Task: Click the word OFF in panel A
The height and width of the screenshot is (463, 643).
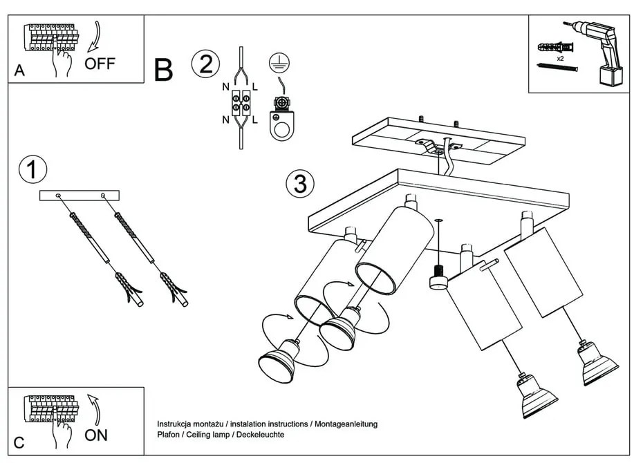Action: (x=100, y=64)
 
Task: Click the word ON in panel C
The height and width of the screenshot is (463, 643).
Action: (x=96, y=435)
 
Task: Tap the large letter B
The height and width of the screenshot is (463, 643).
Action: (x=163, y=70)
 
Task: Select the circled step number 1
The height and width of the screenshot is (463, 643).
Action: (x=32, y=170)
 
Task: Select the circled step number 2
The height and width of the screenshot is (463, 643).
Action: (x=205, y=64)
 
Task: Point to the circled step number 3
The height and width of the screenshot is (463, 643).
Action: (x=300, y=185)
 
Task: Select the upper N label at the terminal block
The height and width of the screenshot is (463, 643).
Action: (x=225, y=87)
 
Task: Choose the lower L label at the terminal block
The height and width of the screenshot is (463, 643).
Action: (x=255, y=120)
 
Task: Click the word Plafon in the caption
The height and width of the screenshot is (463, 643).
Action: (x=169, y=435)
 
